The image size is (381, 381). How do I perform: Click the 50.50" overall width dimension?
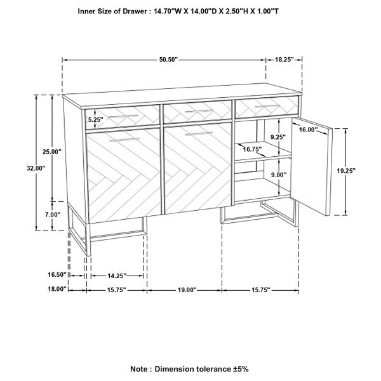coord(169,60)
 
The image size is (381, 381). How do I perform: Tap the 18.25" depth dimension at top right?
coord(284,60)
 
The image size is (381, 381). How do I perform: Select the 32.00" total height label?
coord(36,168)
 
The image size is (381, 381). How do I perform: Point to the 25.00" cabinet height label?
coord(52,152)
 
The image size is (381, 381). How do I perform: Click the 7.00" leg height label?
coord(53,215)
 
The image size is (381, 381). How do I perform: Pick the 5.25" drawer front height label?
coord(96,119)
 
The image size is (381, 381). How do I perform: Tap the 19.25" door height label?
coord(346,171)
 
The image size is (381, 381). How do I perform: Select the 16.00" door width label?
coord(309,130)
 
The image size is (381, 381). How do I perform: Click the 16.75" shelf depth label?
coord(253,149)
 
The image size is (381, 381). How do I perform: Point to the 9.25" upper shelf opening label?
coord(278,137)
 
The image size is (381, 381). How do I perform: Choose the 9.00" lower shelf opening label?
coord(279,175)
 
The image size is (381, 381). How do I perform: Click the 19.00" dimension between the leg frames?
coord(187,290)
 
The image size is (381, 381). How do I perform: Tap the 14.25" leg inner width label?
coord(117,276)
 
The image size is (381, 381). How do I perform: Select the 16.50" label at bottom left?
coord(57,274)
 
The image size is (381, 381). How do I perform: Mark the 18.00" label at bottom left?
coord(57,289)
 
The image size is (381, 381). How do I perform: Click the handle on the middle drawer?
coord(199,111)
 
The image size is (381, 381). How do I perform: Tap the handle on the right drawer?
coord(268,106)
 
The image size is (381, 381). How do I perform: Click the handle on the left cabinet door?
coord(124,140)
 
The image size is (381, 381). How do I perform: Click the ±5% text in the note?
coord(240,369)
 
